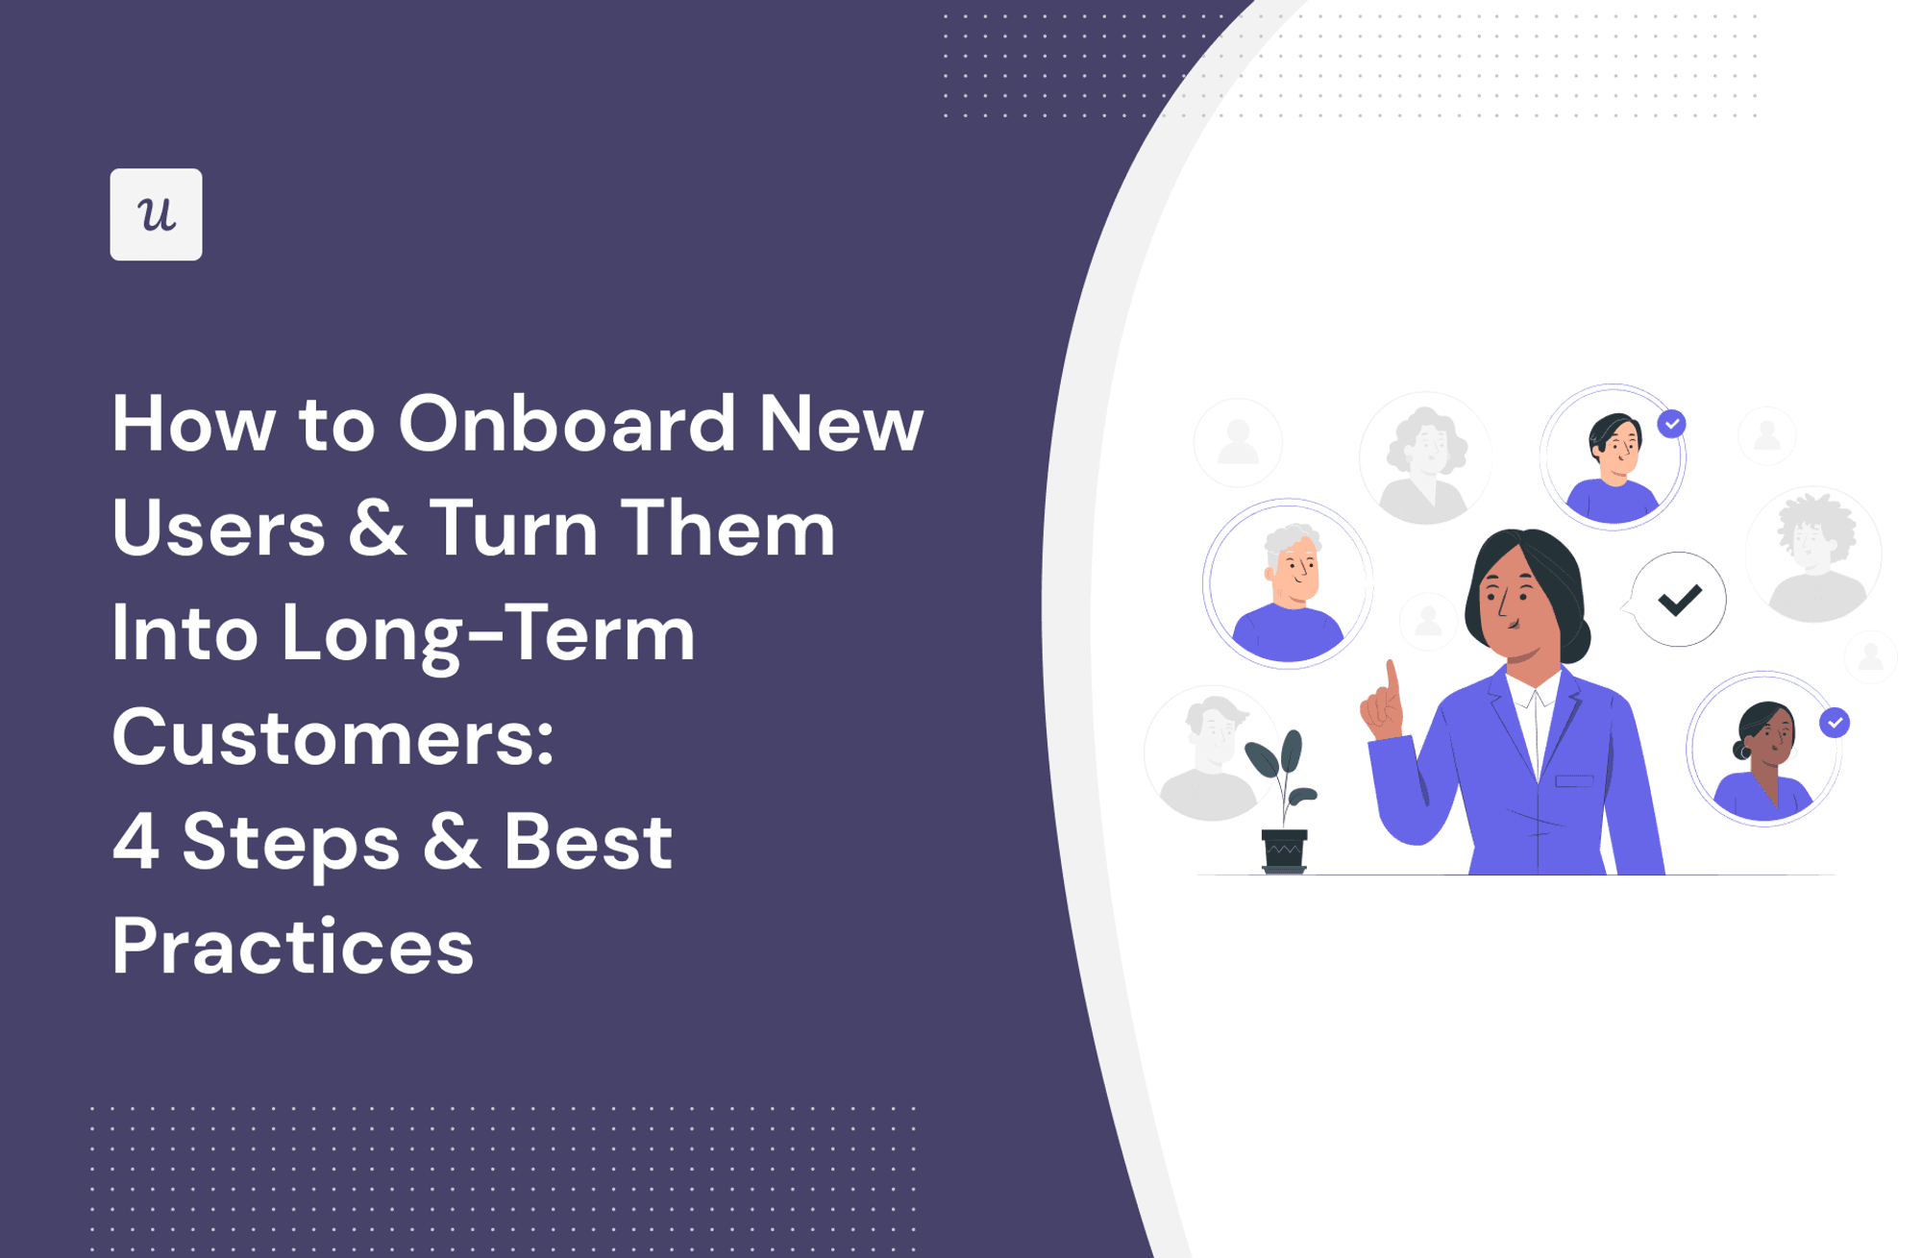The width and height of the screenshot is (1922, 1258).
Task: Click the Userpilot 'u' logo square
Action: tap(156, 214)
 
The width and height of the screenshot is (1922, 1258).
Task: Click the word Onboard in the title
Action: tap(566, 424)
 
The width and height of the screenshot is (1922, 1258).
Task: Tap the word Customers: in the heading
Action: tap(333, 738)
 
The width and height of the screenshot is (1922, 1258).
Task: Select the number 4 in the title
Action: tap(136, 842)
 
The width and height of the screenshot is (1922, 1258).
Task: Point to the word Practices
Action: tap(293, 948)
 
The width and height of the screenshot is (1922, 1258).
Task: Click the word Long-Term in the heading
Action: tap(488, 634)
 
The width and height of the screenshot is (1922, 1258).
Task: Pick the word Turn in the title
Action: tap(513, 529)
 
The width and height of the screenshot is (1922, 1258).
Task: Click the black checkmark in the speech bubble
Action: tap(1680, 600)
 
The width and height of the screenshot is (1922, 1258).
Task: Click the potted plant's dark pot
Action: tap(1284, 851)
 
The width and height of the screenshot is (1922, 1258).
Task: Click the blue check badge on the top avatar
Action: tap(1671, 423)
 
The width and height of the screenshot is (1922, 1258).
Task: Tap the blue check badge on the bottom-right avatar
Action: tap(1835, 722)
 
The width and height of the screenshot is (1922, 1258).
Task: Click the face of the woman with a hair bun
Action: tap(1771, 738)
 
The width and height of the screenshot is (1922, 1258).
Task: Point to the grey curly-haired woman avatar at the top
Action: tap(1426, 459)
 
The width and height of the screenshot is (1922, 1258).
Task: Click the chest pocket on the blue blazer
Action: tap(1574, 780)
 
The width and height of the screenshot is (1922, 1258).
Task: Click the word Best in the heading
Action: tap(587, 842)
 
